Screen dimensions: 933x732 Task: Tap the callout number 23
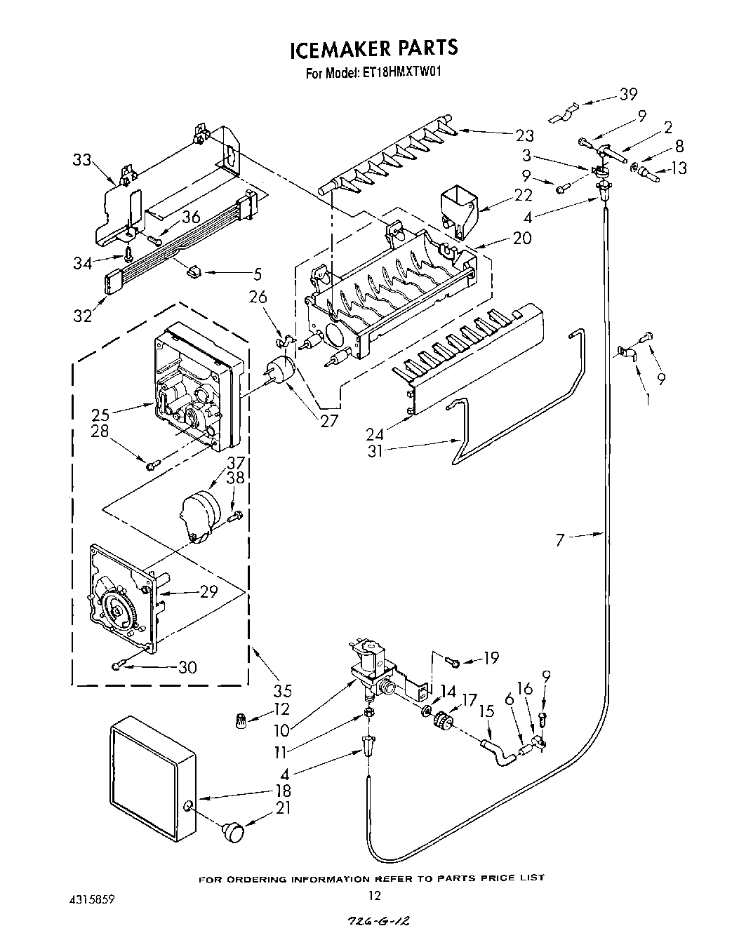524,135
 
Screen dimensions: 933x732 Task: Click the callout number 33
82,160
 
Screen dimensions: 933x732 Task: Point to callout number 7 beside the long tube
559,539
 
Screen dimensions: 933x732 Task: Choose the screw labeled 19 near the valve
453,661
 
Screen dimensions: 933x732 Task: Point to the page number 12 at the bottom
375,894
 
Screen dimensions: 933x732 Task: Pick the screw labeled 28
153,463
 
